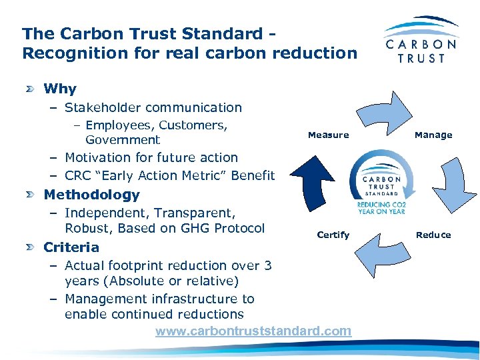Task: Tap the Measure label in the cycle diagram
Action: (x=328, y=135)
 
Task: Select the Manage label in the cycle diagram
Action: (x=433, y=135)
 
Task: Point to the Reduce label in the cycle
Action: (x=433, y=235)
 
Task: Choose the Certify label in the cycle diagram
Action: (x=333, y=235)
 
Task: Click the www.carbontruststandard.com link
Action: (x=253, y=331)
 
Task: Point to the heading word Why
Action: (x=60, y=89)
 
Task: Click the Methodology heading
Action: (x=91, y=195)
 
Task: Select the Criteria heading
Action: (x=71, y=247)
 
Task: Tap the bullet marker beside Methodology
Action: (x=31, y=195)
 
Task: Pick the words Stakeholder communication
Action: (x=153, y=107)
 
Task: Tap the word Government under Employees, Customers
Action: (x=123, y=140)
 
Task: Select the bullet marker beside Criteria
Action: (x=31, y=247)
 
